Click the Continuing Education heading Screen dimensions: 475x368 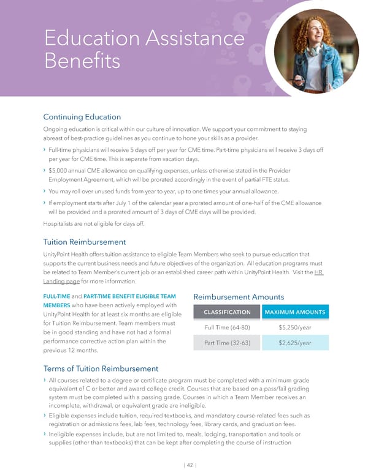click(82, 117)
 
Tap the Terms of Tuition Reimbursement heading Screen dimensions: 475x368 click(101, 368)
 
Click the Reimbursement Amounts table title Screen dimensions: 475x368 click(239, 297)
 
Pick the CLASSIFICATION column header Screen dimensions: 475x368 click(227, 313)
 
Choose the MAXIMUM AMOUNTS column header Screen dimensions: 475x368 click(294, 313)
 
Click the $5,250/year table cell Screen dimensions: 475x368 click(294, 327)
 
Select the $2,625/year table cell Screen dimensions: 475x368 click(294, 343)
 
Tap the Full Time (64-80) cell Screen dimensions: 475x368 click(227, 327)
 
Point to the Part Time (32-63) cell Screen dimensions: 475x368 click(227, 343)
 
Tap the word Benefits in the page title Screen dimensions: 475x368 click(82, 62)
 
